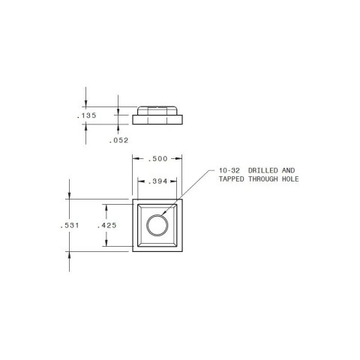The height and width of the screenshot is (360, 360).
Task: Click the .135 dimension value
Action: click(88, 116)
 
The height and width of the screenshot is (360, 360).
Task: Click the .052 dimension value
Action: click(119, 140)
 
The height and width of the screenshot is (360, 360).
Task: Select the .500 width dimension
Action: click(157, 159)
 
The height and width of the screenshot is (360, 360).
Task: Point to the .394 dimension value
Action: click(157, 181)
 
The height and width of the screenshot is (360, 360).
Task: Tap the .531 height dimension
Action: click(70, 225)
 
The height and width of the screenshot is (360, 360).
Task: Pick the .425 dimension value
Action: click(106, 225)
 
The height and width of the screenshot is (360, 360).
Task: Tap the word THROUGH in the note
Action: click(265, 179)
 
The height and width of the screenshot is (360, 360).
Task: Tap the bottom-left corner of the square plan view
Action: click(133, 250)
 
